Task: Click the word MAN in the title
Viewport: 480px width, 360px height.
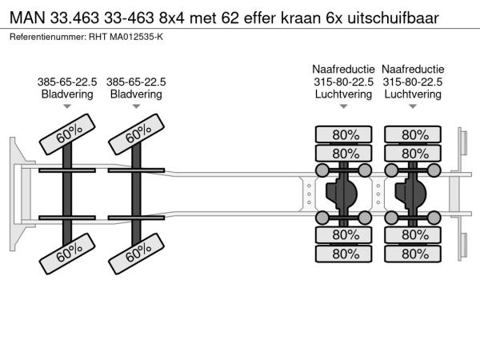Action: (27, 18)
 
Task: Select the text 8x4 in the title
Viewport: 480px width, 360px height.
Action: (172, 18)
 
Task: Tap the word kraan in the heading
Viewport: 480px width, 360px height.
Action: (300, 18)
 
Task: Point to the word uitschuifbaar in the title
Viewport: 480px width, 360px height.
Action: (393, 18)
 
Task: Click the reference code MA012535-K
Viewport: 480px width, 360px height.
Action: (136, 37)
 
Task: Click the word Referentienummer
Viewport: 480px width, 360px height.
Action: (48, 37)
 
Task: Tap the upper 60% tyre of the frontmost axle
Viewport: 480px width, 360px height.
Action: (67, 134)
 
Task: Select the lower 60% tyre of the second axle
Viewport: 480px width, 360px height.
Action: (137, 254)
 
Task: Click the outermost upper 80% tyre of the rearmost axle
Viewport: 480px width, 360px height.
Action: (413, 134)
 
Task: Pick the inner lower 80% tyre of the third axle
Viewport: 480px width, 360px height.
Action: (343, 234)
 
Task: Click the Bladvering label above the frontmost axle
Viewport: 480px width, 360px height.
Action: (67, 94)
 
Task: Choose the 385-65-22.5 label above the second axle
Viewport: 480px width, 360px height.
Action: (136, 82)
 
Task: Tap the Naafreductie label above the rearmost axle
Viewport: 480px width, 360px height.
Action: (413, 69)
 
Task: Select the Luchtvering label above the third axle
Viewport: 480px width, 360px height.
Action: (343, 94)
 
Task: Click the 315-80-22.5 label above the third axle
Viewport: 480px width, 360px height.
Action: (343, 82)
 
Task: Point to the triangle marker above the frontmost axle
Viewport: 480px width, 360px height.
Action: (67, 106)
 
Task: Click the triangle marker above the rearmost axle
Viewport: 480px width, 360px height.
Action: (413, 106)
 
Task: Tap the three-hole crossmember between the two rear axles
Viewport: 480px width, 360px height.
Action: (378, 194)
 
